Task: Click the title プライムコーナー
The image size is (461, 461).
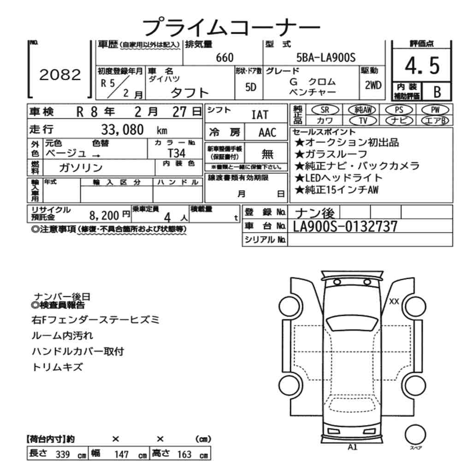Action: click(x=230, y=26)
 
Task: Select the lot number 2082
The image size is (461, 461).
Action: click(x=60, y=75)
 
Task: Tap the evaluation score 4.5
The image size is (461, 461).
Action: click(x=422, y=67)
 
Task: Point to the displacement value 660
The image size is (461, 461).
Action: click(x=225, y=57)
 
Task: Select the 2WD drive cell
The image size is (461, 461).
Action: click(x=372, y=85)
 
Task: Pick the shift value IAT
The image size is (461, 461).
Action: click(x=260, y=115)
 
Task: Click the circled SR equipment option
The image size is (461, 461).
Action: click(x=324, y=110)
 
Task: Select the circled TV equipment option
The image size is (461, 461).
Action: click(x=362, y=121)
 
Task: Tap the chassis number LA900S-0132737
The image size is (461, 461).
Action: click(x=345, y=226)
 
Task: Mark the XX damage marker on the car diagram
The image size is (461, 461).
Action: click(x=394, y=301)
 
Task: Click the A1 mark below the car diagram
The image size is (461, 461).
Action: click(x=353, y=447)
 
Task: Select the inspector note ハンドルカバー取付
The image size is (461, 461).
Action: click(x=77, y=351)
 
